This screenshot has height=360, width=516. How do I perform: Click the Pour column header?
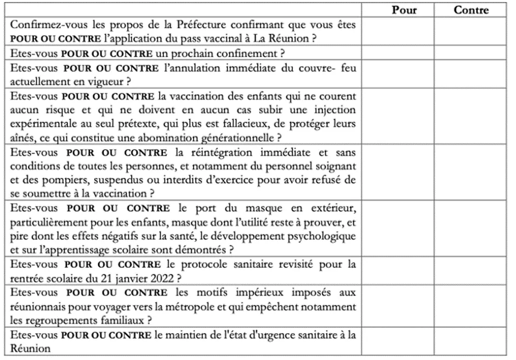404,10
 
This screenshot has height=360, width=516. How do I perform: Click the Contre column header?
471,10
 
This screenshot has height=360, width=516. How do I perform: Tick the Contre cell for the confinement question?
471,53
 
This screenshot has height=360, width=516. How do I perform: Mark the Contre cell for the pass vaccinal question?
471,32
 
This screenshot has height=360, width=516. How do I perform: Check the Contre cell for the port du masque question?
471,229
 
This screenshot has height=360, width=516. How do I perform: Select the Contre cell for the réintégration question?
471,172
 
